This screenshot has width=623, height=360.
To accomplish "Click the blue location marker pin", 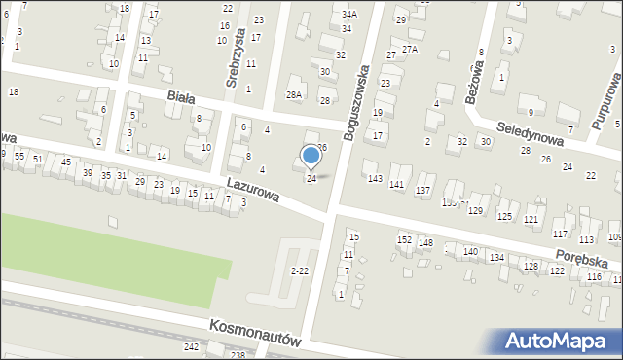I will click(x=311, y=156).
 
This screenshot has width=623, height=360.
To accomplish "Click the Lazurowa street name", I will click(x=252, y=189).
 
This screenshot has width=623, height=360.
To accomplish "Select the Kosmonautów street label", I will click(x=256, y=334).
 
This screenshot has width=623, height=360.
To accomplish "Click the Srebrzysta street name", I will click(x=233, y=64).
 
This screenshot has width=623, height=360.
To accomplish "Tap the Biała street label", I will click(x=181, y=97).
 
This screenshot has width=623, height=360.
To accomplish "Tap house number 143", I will click(x=375, y=178).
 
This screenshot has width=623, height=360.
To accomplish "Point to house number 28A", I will click(x=294, y=94).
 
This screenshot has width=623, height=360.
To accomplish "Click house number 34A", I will click(x=349, y=15).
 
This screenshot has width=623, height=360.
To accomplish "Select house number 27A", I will click(x=410, y=49).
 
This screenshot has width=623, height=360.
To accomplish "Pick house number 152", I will click(x=404, y=239).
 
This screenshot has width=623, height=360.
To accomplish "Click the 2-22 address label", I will click(x=301, y=270).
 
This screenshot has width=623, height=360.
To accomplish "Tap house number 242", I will click(x=191, y=346).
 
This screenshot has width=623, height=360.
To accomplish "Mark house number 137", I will click(x=422, y=190).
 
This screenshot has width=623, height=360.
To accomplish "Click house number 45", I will click(x=66, y=162).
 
